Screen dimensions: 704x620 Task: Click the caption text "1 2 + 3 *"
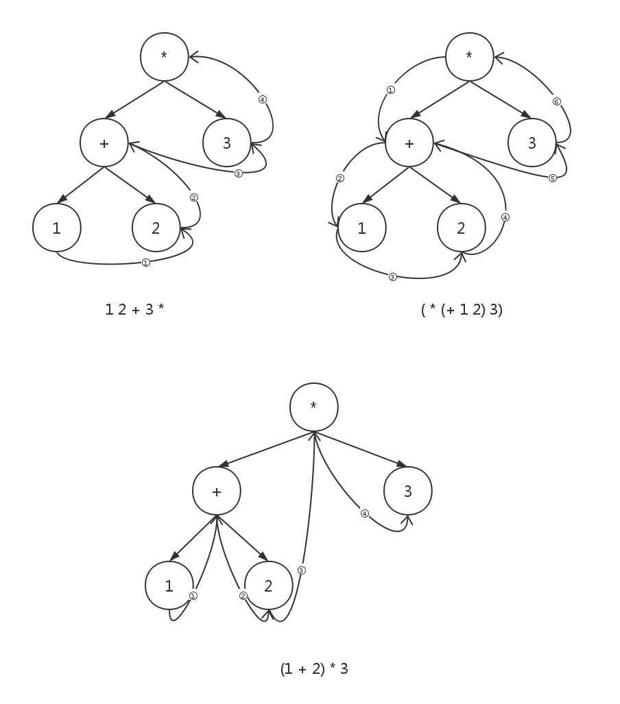point(134,309)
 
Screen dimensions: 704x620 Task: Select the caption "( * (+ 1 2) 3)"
point(462,309)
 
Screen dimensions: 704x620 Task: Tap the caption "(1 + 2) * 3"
point(314,668)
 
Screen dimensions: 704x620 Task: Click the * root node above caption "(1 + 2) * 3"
point(314,406)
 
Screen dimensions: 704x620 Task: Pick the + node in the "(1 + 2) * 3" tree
point(217,491)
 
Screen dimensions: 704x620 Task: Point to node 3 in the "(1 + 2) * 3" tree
point(408,491)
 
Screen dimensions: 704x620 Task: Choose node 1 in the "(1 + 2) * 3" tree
point(169,586)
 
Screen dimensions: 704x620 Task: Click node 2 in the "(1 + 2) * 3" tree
point(268,586)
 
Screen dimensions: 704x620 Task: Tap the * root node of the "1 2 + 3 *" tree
point(165,57)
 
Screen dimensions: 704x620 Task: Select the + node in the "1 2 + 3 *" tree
point(104,143)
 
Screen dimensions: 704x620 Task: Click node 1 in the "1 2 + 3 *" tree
point(57,228)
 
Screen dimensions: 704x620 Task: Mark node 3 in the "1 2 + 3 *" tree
point(227,143)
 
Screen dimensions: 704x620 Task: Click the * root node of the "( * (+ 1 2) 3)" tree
point(470,57)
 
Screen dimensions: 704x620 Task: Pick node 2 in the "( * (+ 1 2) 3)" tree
point(461,228)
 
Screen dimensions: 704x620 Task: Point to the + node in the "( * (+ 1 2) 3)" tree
point(409,143)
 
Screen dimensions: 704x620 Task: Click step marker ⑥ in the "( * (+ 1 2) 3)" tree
point(556,101)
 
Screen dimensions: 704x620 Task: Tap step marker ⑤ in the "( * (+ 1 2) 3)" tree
point(552,178)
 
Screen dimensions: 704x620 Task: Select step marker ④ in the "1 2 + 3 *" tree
point(262,99)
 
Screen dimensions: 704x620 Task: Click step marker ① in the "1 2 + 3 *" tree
point(145,262)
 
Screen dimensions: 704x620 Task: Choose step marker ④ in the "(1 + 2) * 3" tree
point(364,513)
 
